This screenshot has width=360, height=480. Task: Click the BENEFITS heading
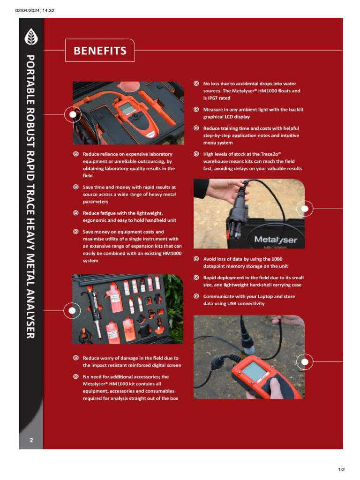click(100, 51)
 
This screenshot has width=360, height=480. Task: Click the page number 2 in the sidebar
click(31, 440)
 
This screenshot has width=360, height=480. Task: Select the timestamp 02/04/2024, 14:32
click(35, 10)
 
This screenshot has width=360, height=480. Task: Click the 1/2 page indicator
click(341, 469)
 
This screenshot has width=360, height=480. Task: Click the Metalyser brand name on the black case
click(275, 240)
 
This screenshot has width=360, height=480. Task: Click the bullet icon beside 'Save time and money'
click(76, 187)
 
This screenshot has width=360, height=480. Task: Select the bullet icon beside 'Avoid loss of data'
click(196, 259)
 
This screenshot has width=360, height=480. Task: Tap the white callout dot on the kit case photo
click(73, 114)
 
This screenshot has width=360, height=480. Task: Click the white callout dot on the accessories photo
click(72, 310)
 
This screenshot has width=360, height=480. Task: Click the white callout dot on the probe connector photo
click(305, 208)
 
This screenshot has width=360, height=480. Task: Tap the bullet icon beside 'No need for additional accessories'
click(76, 376)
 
